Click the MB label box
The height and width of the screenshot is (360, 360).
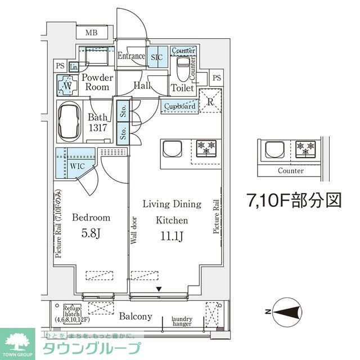[92, 33]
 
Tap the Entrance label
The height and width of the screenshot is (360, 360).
[131, 56]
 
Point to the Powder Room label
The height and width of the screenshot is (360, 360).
[97, 83]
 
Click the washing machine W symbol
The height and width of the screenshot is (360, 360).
[67, 87]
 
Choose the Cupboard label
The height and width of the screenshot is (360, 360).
[181, 106]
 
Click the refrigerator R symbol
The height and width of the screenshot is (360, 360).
[210, 102]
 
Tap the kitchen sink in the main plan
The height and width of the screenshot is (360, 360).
[172, 149]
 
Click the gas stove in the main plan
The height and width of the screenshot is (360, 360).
[206, 148]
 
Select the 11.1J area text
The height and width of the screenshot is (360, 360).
[173, 235]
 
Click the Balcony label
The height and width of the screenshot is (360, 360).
[135, 317]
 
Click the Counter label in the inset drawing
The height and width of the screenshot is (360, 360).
[290, 170]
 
